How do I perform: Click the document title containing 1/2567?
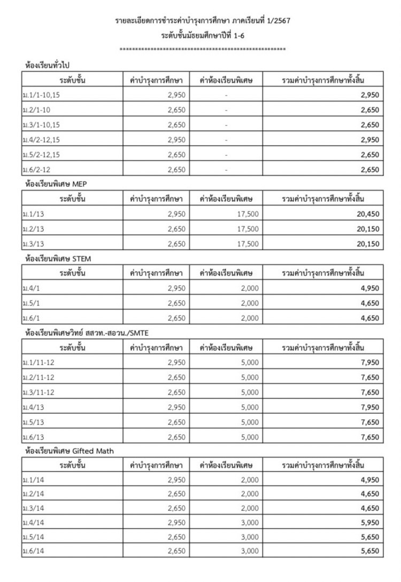tap(203, 21)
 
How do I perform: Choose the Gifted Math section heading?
tap(70, 451)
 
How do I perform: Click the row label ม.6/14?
tap(33, 550)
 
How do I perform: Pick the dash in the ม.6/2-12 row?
tap(227, 170)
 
